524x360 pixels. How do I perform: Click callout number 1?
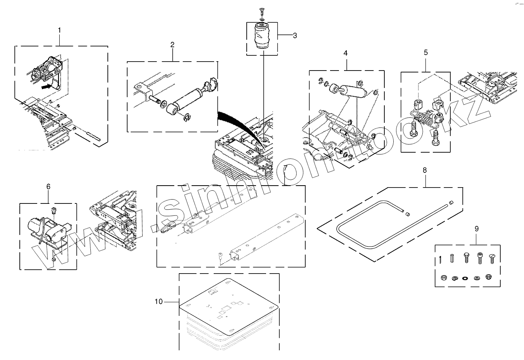coord(59,30)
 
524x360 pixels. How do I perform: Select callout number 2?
coord(172,45)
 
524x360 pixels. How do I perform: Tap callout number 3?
coord(295,36)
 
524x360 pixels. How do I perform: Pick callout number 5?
coord(425,52)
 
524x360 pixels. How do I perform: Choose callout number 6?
coord(48,187)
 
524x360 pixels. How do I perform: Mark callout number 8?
coord(425,170)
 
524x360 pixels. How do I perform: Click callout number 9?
coord(476,229)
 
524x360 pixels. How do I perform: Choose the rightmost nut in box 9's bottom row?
coord(489,277)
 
